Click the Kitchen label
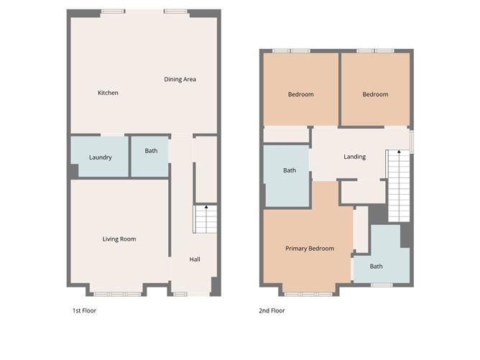tap(108, 93)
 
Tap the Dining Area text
tap(180, 80)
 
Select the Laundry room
tap(100, 157)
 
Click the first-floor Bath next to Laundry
tap(151, 151)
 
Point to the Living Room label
tap(119, 239)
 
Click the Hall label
tap(195, 259)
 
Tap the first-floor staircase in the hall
tap(206, 219)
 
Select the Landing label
tap(354, 157)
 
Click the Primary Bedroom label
tap(309, 249)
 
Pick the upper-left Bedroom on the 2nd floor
tap(300, 94)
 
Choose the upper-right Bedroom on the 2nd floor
tap(375, 94)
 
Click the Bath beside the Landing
tap(289, 170)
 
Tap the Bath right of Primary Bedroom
tap(377, 266)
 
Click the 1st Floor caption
tap(84, 311)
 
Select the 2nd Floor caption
tap(272, 311)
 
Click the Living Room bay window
tap(116, 293)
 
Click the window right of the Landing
tap(412, 140)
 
